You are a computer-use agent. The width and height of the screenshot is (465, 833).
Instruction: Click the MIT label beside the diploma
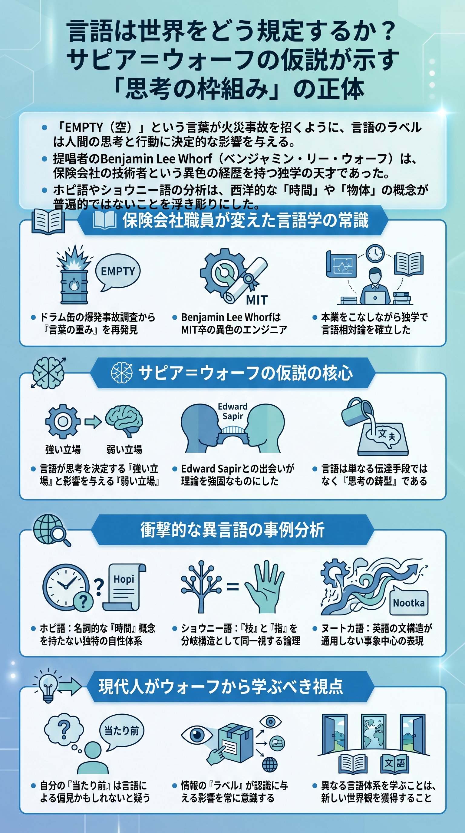click(257, 300)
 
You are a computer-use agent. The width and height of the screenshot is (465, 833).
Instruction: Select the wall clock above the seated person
click(375, 253)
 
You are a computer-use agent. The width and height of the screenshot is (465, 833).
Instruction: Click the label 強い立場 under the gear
click(63, 449)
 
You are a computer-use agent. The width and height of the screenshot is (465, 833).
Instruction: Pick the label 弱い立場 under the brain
click(124, 449)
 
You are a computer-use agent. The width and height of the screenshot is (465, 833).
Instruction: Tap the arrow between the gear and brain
click(93, 422)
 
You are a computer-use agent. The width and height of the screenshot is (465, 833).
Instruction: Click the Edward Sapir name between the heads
click(232, 411)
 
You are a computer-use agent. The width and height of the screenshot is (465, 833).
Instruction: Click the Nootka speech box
click(409, 603)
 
